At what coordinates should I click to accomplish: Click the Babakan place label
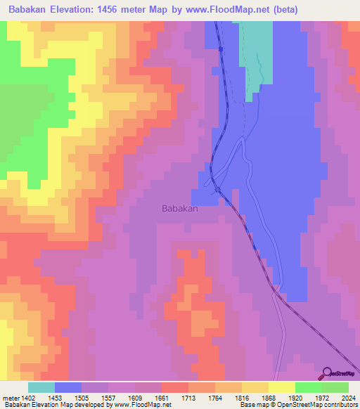(180, 209)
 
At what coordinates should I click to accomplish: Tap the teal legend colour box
(41, 387)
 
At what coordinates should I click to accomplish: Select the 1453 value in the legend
(55, 398)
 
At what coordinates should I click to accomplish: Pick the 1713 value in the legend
(188, 398)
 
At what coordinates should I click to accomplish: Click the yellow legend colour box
(281, 387)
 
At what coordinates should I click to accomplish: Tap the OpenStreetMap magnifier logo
(326, 375)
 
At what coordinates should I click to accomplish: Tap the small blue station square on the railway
(220, 49)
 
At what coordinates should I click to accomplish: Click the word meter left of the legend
(10, 398)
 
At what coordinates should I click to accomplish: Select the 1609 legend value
(135, 398)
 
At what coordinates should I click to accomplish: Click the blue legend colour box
(67, 387)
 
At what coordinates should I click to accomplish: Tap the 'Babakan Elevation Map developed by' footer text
(56, 405)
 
